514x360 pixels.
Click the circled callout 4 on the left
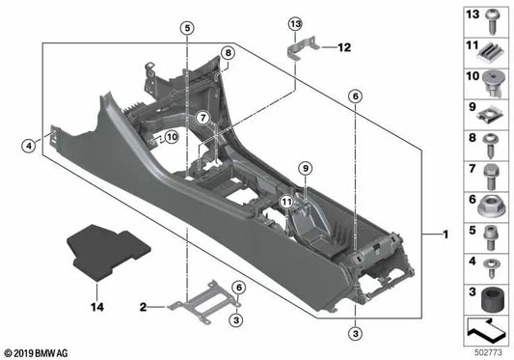[x=28, y=147]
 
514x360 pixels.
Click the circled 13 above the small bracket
[x=295, y=22]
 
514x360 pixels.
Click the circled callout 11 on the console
[x=285, y=201]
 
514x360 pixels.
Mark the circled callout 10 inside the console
[x=170, y=137]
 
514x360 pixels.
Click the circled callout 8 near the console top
[x=228, y=53]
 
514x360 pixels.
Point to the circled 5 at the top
[x=186, y=29]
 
